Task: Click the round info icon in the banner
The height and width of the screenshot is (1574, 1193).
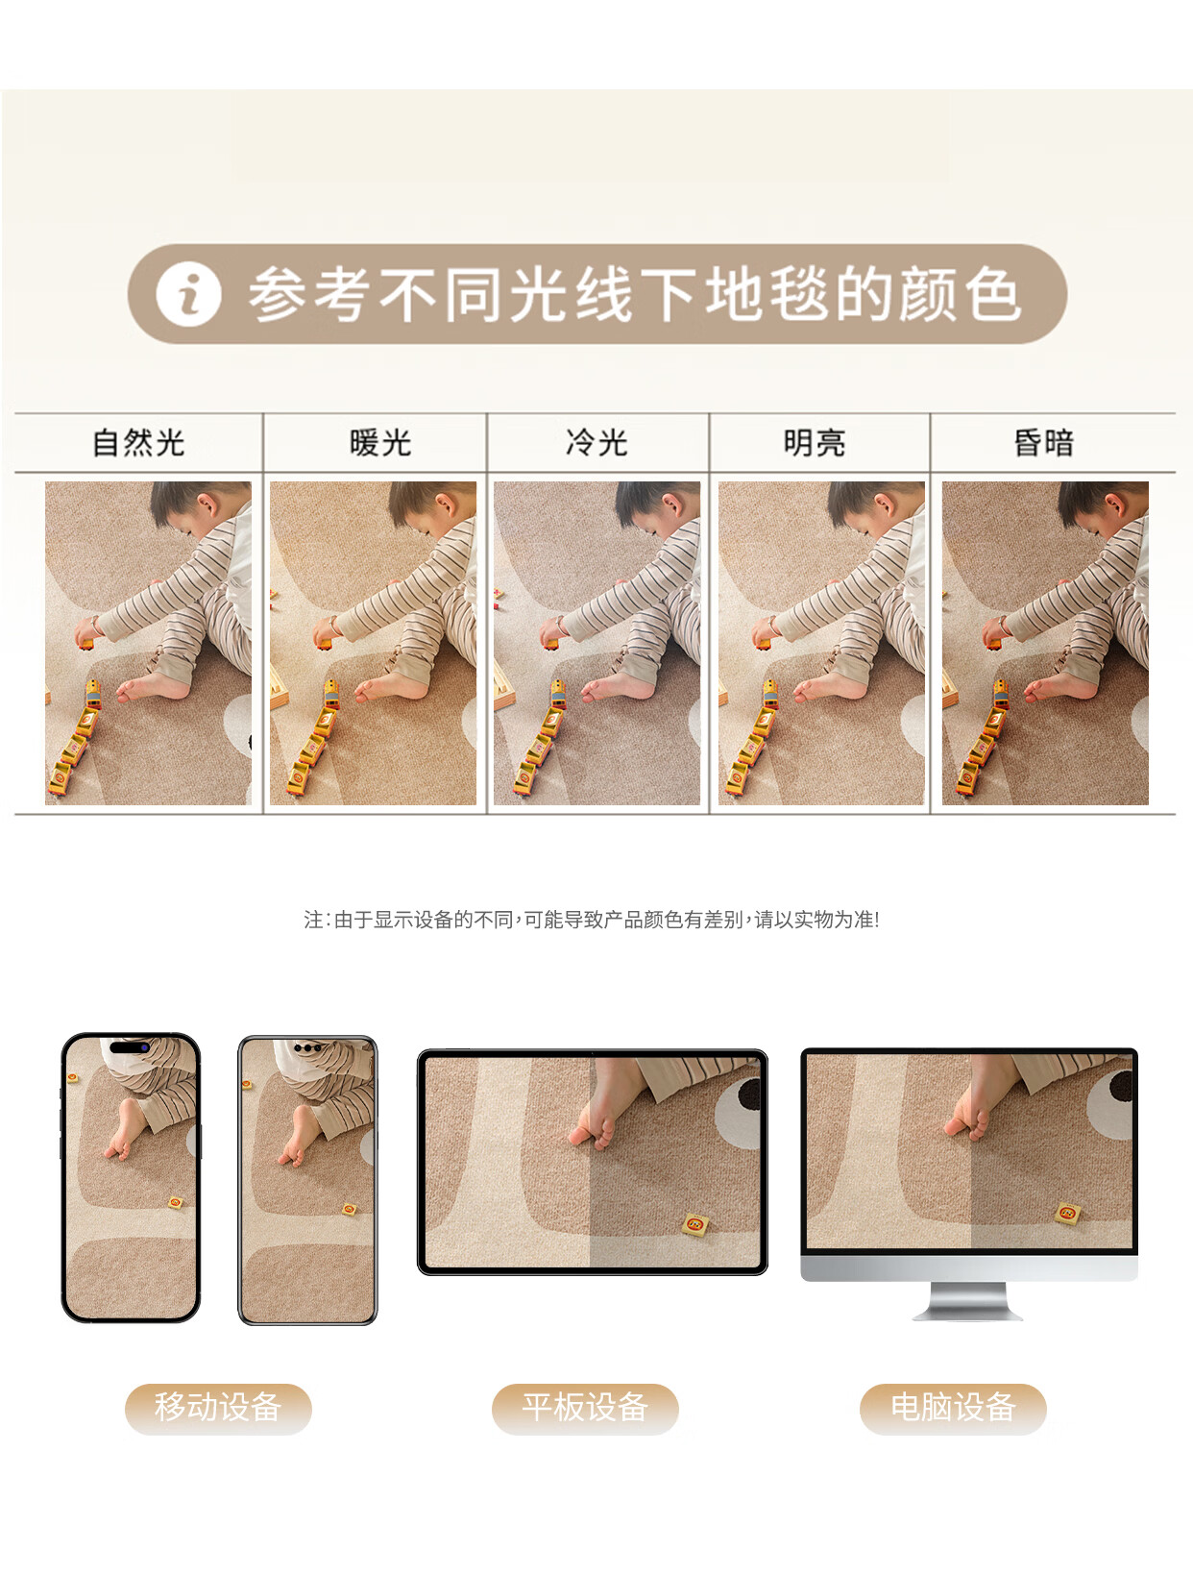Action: [x=188, y=294]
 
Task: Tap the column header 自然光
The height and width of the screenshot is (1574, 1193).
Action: [x=138, y=442]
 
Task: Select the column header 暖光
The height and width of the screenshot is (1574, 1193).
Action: [x=380, y=442]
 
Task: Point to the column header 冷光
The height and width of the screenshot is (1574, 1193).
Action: [x=596, y=442]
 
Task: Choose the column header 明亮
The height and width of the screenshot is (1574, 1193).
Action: [x=814, y=442]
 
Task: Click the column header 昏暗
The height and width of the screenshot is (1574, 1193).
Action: [x=1044, y=442]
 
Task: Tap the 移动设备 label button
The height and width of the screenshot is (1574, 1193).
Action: [x=218, y=1409]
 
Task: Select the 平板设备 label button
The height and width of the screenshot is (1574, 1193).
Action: [x=585, y=1409]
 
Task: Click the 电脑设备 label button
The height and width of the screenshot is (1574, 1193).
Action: [x=953, y=1409]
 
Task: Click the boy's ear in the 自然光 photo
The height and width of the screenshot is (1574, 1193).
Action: [x=207, y=504]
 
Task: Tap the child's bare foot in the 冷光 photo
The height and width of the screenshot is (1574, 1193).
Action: [x=619, y=687]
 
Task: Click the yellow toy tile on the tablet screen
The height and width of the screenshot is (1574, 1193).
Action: [x=695, y=1223]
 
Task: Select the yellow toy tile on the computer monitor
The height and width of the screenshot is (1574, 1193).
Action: [x=1067, y=1214]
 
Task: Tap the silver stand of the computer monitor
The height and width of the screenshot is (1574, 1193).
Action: [x=967, y=1300]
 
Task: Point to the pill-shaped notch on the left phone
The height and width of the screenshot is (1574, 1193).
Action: [x=130, y=1047]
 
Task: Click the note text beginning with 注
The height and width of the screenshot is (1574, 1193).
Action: [x=592, y=920]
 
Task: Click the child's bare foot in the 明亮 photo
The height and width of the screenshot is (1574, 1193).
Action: [x=830, y=687]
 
